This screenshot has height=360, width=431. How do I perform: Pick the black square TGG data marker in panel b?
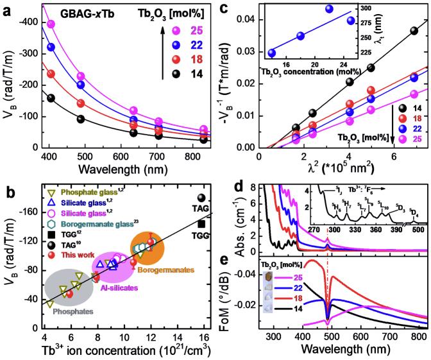click(x=203, y=224)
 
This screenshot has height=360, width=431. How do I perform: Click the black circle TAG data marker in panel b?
click(x=202, y=198)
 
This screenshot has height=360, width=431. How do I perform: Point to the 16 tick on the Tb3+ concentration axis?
click(x=203, y=332)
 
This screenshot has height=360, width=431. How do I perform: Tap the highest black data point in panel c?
click(x=414, y=30)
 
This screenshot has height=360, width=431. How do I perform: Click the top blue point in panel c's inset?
click(x=330, y=9)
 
